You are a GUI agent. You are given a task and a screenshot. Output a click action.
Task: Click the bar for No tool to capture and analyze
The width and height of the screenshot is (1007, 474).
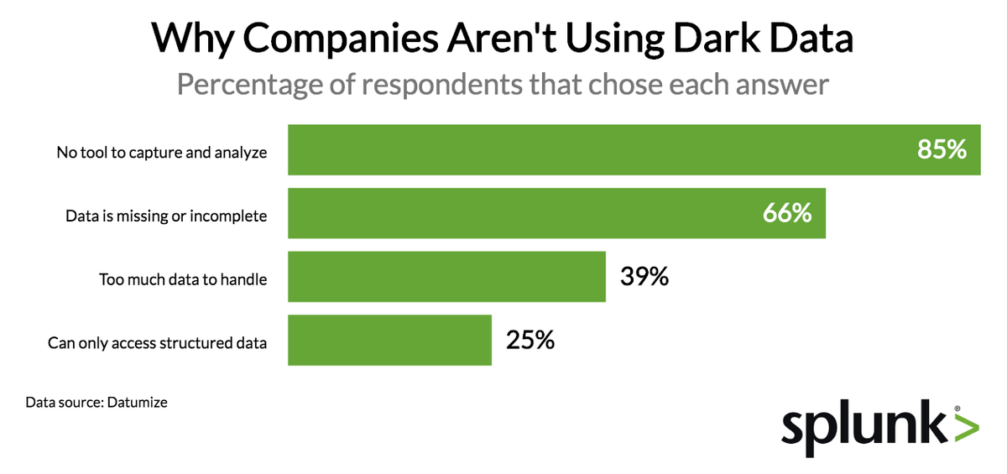tap(587, 151)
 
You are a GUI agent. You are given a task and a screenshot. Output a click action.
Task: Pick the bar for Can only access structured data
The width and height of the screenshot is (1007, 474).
tap(389, 341)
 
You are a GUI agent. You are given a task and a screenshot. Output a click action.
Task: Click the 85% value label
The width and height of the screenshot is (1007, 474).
tap(942, 150)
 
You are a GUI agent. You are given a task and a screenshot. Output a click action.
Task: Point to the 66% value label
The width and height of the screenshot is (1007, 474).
tap(787, 213)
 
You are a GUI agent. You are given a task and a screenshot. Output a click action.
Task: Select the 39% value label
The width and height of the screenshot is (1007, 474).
tap(644, 276)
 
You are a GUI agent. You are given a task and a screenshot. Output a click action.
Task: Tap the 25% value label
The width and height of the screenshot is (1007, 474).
tap(530, 340)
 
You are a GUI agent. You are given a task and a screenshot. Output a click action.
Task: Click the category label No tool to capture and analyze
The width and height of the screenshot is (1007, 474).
tap(162, 153)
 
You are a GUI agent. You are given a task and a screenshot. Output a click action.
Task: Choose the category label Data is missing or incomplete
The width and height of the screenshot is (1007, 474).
tap(166, 216)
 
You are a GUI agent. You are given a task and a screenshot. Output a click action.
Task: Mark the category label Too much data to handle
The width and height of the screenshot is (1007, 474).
tap(183, 279)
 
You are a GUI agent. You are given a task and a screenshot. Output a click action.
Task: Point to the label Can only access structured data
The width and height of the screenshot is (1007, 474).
tap(157, 342)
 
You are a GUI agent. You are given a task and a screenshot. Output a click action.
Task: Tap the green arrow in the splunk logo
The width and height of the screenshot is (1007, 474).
tap(966, 428)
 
